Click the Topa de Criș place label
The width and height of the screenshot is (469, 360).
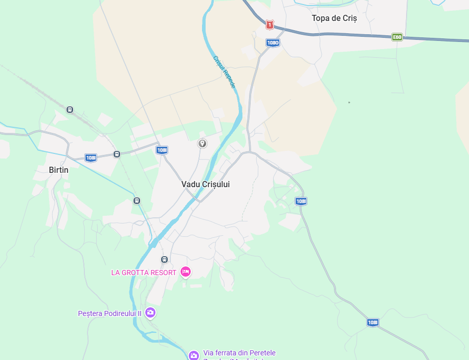tap(334, 18)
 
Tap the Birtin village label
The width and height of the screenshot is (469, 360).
tap(58, 170)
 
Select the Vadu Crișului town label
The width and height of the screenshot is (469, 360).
tap(205, 184)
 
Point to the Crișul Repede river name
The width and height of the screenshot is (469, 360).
tap(225, 72)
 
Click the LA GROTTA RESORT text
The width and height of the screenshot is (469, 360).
tap(144, 273)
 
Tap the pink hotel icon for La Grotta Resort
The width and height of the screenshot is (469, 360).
tap(186, 272)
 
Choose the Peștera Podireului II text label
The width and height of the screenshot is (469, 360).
tap(109, 313)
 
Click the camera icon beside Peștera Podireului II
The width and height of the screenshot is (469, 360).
tap(150, 312)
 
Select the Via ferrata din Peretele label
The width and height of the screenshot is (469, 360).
tap(239, 353)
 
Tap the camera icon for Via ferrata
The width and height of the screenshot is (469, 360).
tap(193, 355)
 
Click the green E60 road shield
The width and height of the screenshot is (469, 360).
tap(397, 37)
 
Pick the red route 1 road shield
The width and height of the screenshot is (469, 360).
tap(270, 25)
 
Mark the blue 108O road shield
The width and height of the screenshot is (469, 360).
tap(273, 43)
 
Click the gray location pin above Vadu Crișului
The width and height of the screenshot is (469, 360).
tap(203, 143)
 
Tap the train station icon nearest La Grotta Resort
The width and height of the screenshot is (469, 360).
tap(164, 259)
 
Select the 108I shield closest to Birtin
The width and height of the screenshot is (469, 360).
tap(91, 157)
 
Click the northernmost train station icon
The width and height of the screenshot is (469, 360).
tap(70, 109)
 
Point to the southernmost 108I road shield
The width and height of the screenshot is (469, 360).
tap(373, 322)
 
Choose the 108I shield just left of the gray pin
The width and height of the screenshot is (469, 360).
tap(162, 150)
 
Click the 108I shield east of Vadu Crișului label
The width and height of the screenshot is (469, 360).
tap(301, 201)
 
